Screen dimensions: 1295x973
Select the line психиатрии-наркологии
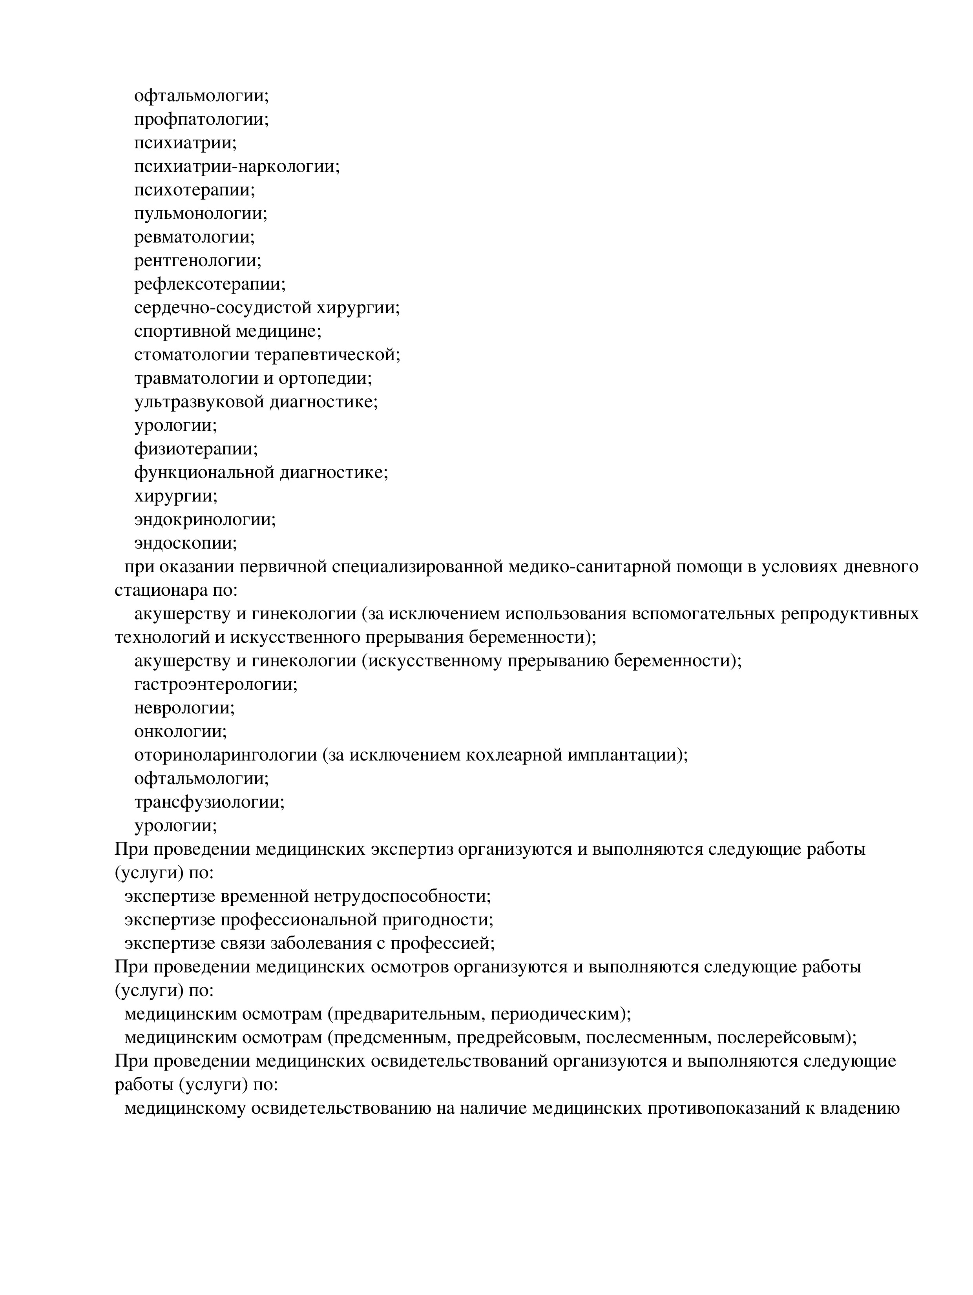(237, 167)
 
